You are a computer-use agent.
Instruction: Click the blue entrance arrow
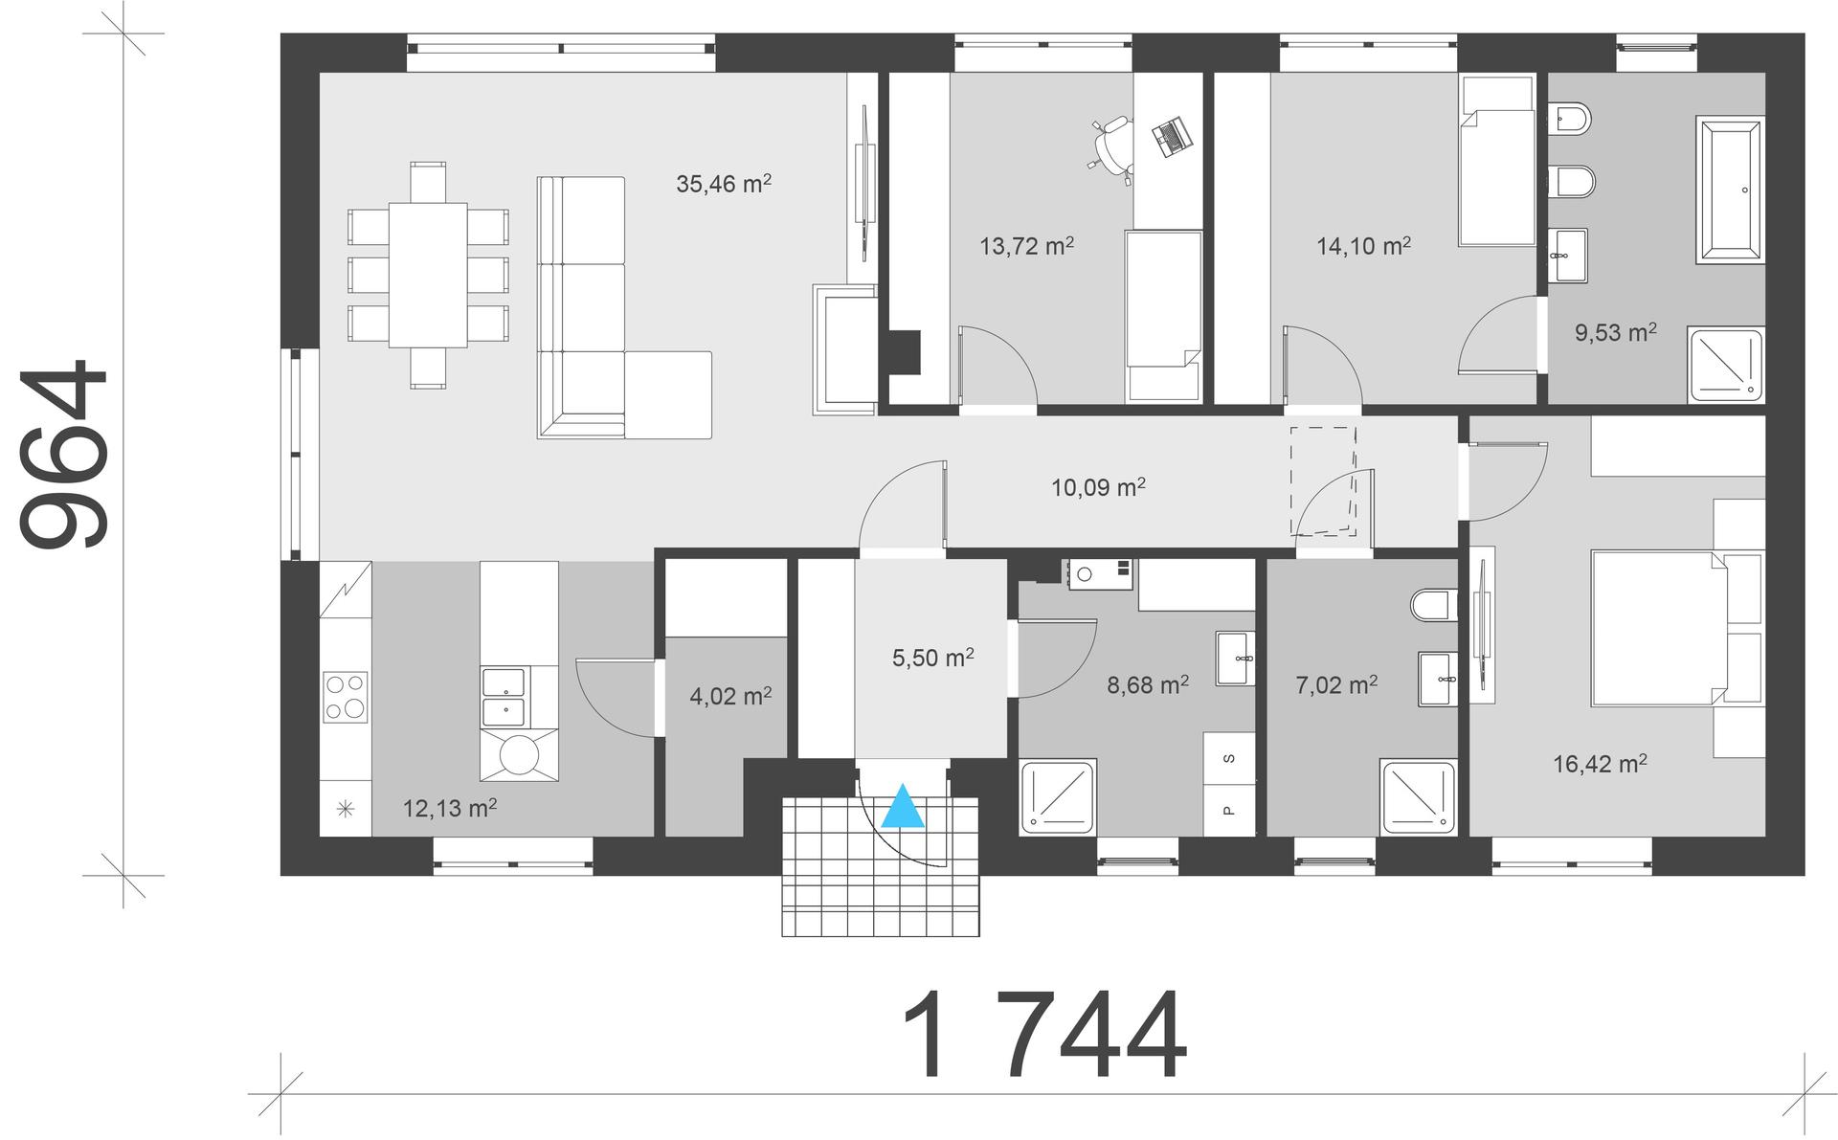tap(903, 806)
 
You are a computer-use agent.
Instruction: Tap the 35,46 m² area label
tap(724, 183)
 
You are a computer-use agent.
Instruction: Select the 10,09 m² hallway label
tap(1098, 487)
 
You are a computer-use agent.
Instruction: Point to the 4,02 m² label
tap(731, 696)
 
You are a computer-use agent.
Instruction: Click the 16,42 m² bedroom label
tap(1600, 763)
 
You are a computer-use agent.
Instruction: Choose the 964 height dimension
tap(63, 455)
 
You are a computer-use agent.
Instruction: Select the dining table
tap(428, 275)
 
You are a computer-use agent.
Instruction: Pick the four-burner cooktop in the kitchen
tap(346, 696)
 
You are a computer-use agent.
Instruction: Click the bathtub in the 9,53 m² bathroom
tap(1729, 190)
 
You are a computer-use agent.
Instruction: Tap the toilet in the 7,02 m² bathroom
tap(1433, 605)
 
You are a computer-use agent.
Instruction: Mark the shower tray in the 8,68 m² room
tap(1058, 796)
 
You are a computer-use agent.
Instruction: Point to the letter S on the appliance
tap(1230, 759)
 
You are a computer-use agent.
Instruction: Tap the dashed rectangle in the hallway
tap(1323, 481)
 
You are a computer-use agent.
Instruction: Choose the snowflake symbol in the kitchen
tap(346, 810)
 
